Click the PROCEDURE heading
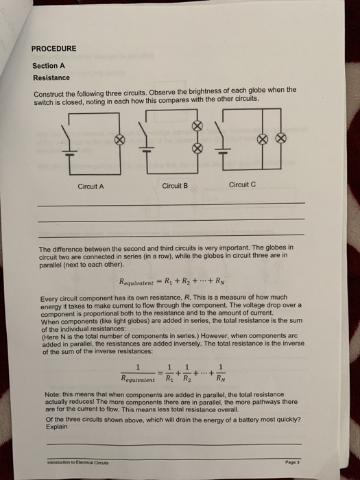point(54,49)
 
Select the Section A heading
point(49,66)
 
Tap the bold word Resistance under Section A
point(51,77)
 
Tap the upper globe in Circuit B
point(198,127)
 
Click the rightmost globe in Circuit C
point(279,138)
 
